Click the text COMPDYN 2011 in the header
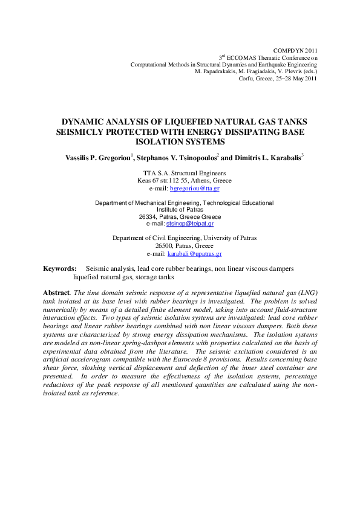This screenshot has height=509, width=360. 296,50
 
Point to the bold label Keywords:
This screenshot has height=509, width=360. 60,268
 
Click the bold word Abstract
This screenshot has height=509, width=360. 56,293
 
